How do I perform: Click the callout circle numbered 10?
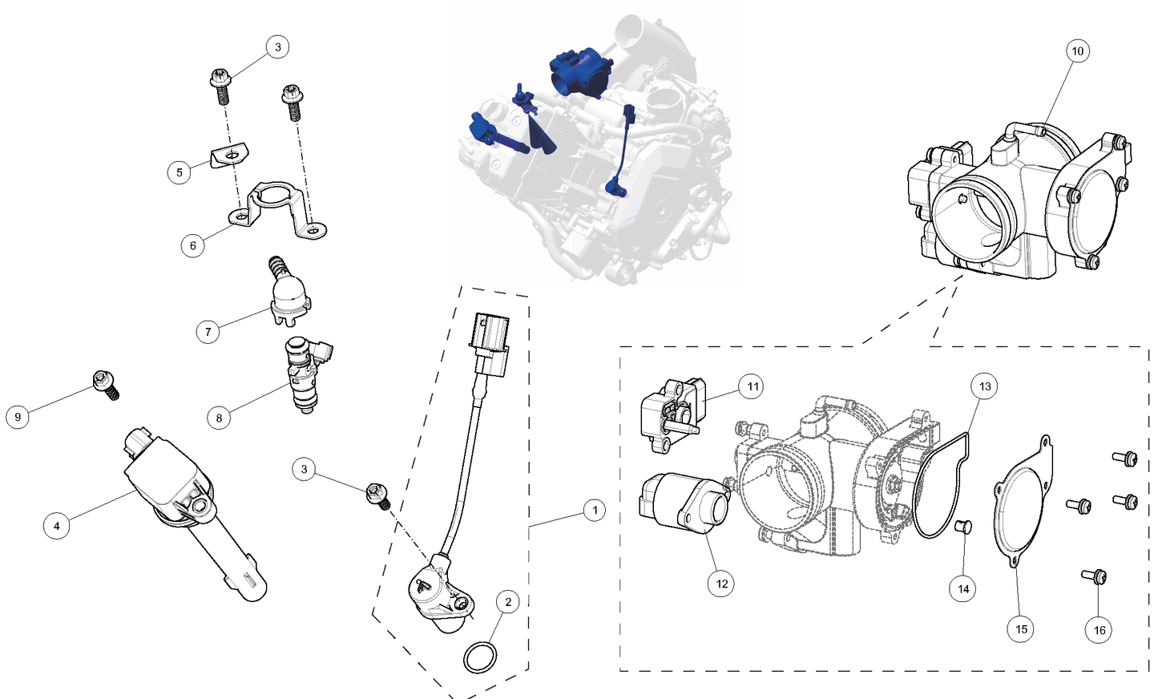click(1077, 51)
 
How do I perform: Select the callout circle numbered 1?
click(594, 510)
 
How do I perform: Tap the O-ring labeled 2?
click(480, 658)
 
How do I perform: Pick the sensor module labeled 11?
click(672, 409)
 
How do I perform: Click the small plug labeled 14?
click(964, 528)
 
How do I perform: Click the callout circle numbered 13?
click(985, 386)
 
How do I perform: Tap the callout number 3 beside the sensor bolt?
click(304, 469)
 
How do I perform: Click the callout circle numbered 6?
click(192, 246)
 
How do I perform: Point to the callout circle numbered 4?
click(56, 526)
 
